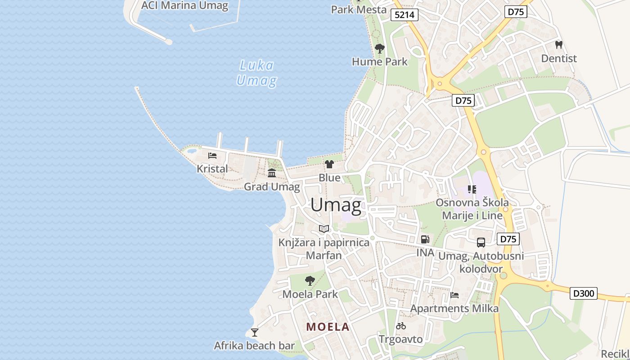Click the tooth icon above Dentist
click(559, 45)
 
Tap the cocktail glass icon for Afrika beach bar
click(255, 333)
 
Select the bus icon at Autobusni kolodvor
click(481, 243)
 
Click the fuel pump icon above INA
click(425, 239)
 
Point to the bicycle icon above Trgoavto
click(401, 326)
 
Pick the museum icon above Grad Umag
click(272, 173)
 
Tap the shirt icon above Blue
click(329, 164)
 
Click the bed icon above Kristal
click(212, 156)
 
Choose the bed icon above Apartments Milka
click(454, 295)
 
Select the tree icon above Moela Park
click(310, 281)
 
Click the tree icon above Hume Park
click(380, 48)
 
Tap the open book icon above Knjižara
click(324, 229)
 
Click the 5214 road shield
click(404, 15)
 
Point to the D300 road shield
click(584, 294)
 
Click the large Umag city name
click(336, 205)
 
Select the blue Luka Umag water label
click(256, 73)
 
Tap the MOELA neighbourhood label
click(328, 327)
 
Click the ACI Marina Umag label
click(184, 6)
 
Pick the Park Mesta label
click(359, 9)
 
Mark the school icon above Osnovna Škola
click(472, 189)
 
